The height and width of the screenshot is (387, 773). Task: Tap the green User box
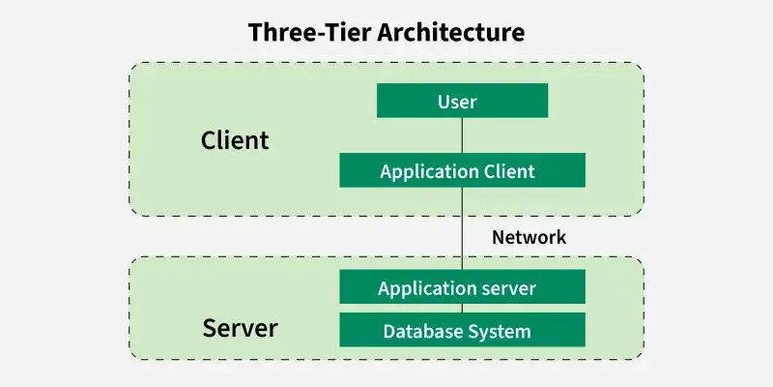point(462,101)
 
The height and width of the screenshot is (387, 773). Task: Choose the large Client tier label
point(235,140)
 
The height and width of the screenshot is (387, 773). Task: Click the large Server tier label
point(240,328)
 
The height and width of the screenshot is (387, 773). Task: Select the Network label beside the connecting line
point(529,236)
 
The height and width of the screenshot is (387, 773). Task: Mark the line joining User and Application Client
point(462,135)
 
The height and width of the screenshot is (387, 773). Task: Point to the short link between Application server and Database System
point(462,309)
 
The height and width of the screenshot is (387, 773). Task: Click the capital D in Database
point(389,331)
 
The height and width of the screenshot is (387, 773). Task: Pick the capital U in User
point(444,101)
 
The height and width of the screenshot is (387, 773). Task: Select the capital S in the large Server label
point(210,328)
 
